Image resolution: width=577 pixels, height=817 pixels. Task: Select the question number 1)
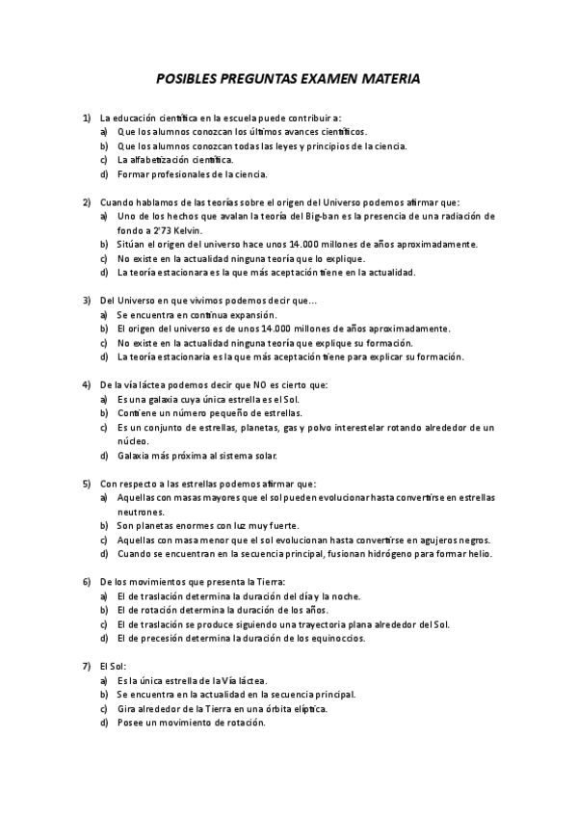click(87, 117)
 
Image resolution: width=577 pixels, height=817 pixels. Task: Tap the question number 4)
click(87, 384)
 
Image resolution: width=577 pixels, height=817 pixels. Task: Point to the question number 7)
click(87, 666)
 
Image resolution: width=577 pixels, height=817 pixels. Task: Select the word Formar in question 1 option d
click(134, 174)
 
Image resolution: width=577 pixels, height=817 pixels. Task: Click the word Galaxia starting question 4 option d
click(135, 455)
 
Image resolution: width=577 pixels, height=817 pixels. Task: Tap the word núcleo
click(133, 440)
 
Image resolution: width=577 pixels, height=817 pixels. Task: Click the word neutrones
click(142, 512)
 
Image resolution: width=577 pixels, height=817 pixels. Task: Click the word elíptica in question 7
click(305, 708)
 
